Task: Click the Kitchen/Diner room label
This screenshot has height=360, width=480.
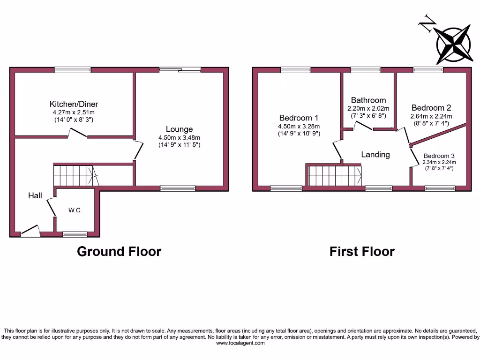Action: [x=74, y=104]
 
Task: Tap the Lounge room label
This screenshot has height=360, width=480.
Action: [x=179, y=129]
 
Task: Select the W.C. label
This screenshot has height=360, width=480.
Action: [x=75, y=210]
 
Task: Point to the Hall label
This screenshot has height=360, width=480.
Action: [x=35, y=195]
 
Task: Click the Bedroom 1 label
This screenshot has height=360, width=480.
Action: [x=299, y=118]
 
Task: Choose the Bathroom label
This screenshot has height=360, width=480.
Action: [x=368, y=100]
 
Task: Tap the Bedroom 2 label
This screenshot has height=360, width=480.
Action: [x=431, y=108]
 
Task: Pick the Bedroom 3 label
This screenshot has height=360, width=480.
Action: [x=439, y=156]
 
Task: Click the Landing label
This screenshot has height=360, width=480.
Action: [x=375, y=154]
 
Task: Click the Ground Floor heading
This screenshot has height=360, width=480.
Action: [x=119, y=252]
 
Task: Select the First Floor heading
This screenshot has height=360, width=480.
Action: [x=362, y=252]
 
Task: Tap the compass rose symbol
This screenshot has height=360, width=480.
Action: [x=453, y=45]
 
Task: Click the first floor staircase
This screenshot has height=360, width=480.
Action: [x=335, y=175]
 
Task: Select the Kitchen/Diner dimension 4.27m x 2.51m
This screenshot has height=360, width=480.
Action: [x=74, y=112]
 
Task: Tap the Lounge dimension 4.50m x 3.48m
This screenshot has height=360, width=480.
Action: [x=179, y=137]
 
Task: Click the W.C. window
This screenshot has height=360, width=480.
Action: [x=75, y=233]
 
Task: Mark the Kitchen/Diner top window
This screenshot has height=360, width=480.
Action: [x=73, y=70]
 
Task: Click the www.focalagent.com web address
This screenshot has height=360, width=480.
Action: [x=240, y=343]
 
